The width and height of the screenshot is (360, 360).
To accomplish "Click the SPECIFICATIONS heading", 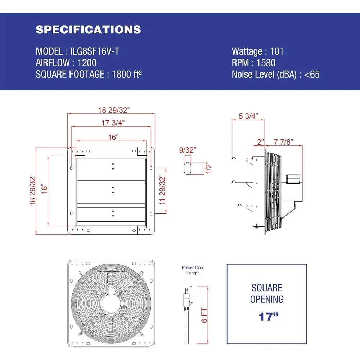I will click(88, 30).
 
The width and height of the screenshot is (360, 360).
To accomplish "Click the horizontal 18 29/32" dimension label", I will click(111, 109).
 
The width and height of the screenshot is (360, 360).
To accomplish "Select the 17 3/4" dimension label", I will click(111, 122).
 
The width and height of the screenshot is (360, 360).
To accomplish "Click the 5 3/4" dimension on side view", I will click(248, 116).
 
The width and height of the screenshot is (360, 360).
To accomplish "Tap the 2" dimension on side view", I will click(260, 142).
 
